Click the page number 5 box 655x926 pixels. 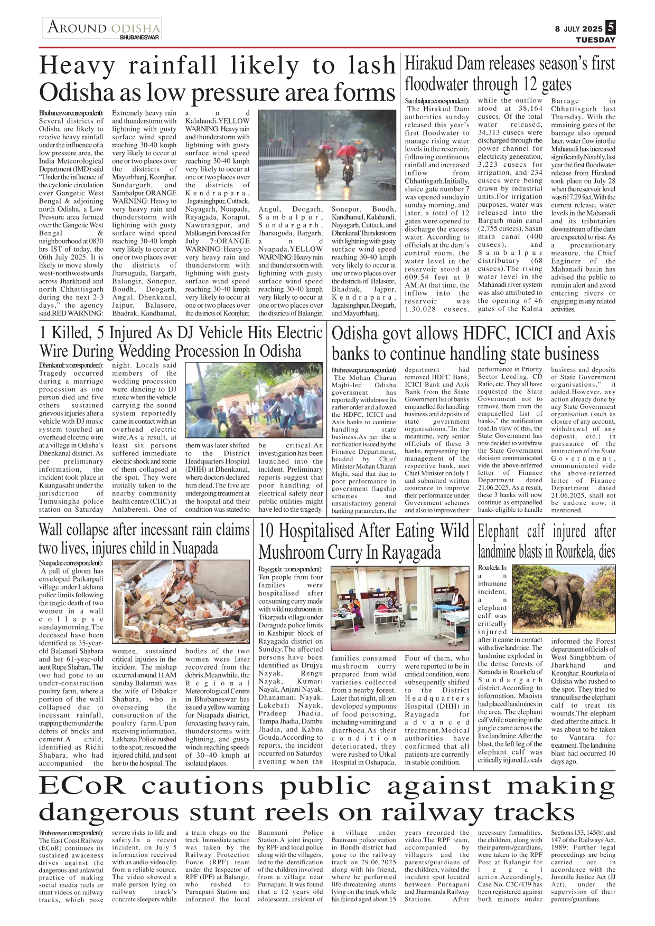tap(610, 27)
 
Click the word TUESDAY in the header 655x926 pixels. tap(595, 40)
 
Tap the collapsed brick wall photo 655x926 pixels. tap(181, 600)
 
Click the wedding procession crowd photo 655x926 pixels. tap(253, 398)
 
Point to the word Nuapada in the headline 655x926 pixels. tap(195, 548)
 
